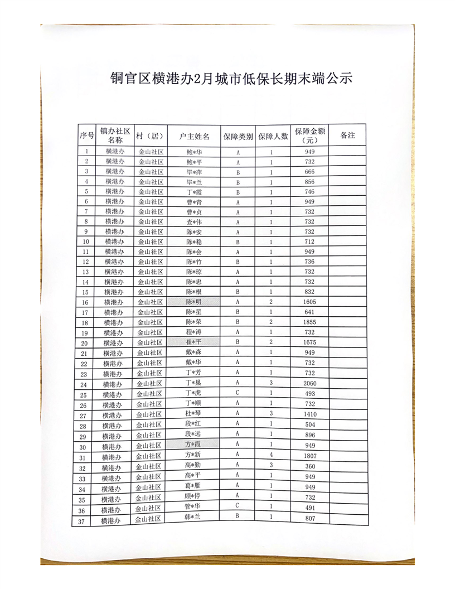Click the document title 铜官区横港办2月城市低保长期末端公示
pyautogui.click(x=231, y=78)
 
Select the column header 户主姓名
pyautogui.click(x=194, y=136)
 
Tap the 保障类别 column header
pyautogui.click(x=238, y=136)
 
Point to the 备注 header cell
pyautogui.click(x=347, y=136)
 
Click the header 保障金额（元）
pyautogui.click(x=310, y=136)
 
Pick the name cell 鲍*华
pyautogui.click(x=194, y=152)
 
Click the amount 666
pyautogui.click(x=310, y=172)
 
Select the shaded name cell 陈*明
pyautogui.click(x=194, y=302)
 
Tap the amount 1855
pyautogui.click(x=310, y=322)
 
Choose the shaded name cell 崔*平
pyautogui.click(x=194, y=342)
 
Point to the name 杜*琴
pyautogui.click(x=193, y=414)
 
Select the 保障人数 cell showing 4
pyautogui.click(x=272, y=455)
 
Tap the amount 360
pyautogui.click(x=310, y=466)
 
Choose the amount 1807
pyautogui.click(x=310, y=455)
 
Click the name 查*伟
pyautogui.click(x=194, y=222)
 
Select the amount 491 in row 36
pyautogui.click(x=310, y=508)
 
